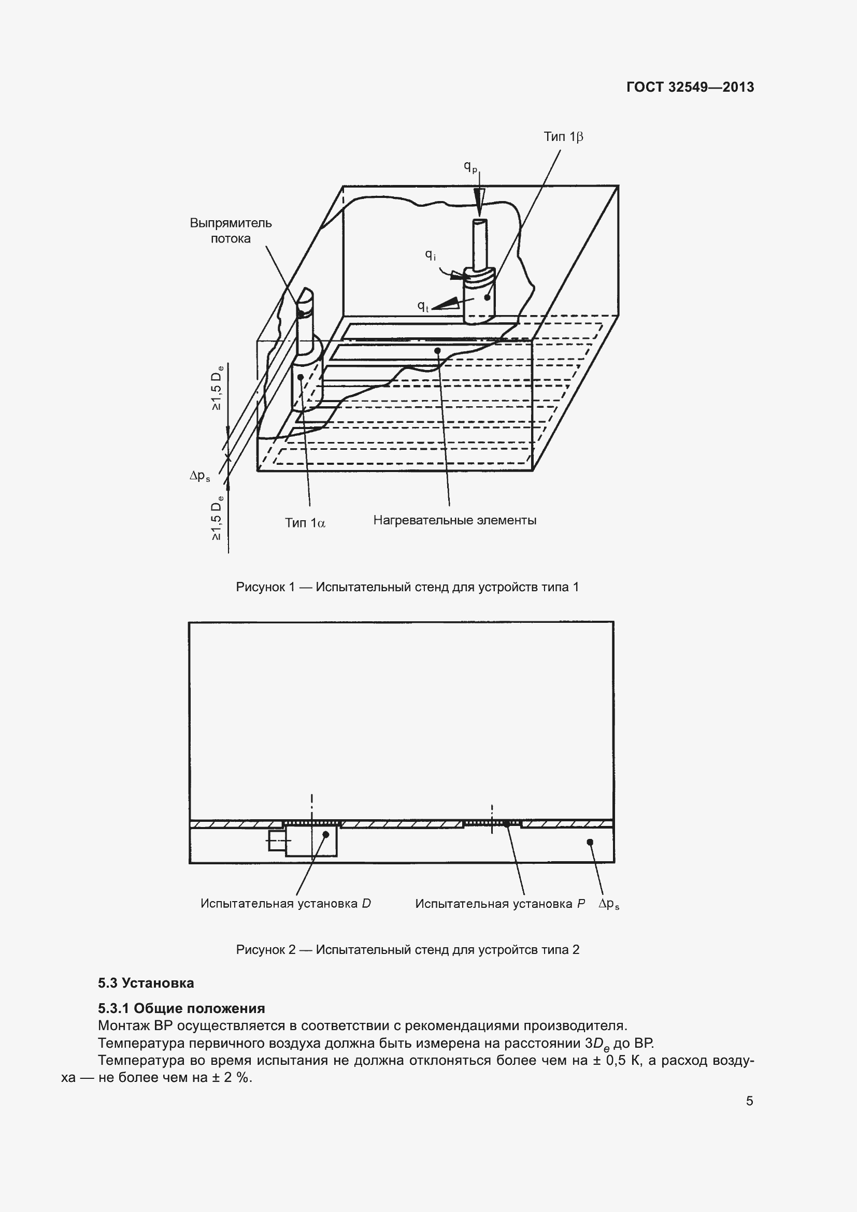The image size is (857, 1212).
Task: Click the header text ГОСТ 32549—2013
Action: pyautogui.click(x=690, y=87)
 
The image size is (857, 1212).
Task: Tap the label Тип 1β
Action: pyautogui.click(x=563, y=137)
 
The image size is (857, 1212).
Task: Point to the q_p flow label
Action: pyautogui.click(x=470, y=166)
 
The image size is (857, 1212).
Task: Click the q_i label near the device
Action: pyautogui.click(x=431, y=255)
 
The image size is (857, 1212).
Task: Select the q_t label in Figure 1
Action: pyautogui.click(x=423, y=306)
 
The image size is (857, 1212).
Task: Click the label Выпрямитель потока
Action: pyautogui.click(x=231, y=231)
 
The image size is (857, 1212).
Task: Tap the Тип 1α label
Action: pyautogui.click(x=305, y=523)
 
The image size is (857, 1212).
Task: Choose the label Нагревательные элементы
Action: pyautogui.click(x=454, y=520)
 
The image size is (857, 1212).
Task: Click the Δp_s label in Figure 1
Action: pyautogui.click(x=200, y=476)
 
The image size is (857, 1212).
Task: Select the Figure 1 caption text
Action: pyautogui.click(x=407, y=587)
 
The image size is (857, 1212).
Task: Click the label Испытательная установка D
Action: pyautogui.click(x=285, y=903)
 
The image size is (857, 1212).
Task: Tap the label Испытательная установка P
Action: pyautogui.click(x=499, y=903)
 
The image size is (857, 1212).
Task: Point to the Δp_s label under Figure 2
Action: pyautogui.click(x=608, y=904)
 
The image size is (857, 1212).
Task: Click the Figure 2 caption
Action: pyautogui.click(x=407, y=950)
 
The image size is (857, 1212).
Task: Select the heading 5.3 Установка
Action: pyautogui.click(x=146, y=983)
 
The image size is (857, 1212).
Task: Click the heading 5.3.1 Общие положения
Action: pyautogui.click(x=181, y=1008)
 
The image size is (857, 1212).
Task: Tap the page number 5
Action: pyautogui.click(x=749, y=1101)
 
